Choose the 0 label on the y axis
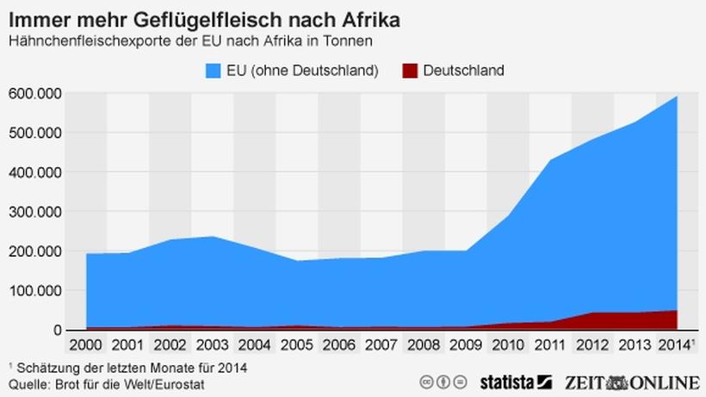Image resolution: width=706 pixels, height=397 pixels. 57,330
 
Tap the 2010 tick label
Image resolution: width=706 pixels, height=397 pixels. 508,346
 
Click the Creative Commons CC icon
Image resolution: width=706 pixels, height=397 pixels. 426,381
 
